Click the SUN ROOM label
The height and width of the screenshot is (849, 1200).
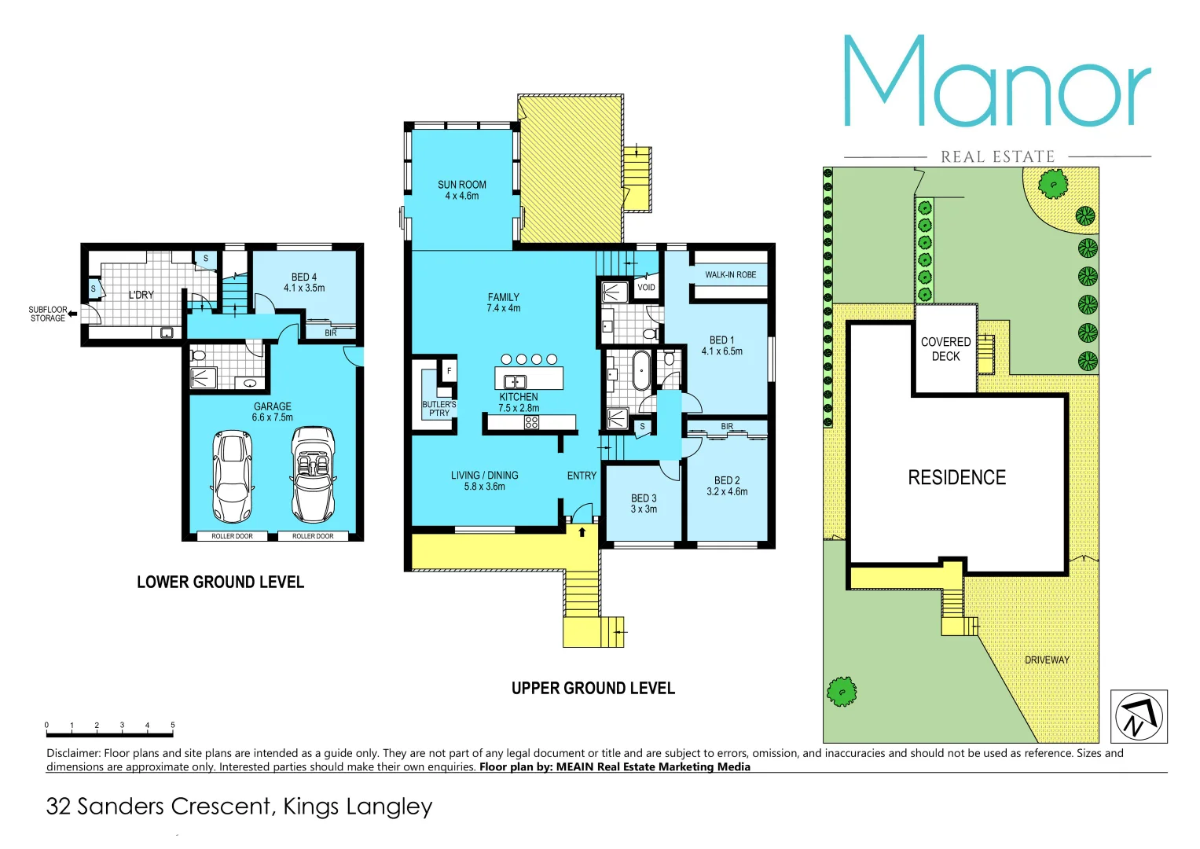461,190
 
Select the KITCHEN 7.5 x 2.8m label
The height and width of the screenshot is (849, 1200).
519,402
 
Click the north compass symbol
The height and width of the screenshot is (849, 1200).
1138,716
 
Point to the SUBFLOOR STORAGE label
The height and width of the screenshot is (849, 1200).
48,314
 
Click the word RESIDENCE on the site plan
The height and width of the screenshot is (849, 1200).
956,478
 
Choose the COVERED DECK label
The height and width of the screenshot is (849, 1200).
945,349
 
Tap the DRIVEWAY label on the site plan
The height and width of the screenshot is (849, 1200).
1047,660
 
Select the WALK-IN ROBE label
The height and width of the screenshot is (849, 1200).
730,275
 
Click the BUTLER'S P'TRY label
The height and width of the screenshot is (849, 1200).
439,409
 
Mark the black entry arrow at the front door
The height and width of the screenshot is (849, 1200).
582,532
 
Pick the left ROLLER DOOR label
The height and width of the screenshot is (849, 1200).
232,536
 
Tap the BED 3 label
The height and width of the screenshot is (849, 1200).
644,504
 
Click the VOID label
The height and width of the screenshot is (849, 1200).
646,288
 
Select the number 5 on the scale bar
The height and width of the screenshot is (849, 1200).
172,725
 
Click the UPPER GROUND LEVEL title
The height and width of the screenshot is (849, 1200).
593,689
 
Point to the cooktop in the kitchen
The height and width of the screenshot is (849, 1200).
531,422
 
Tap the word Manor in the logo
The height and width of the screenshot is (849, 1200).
996,83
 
